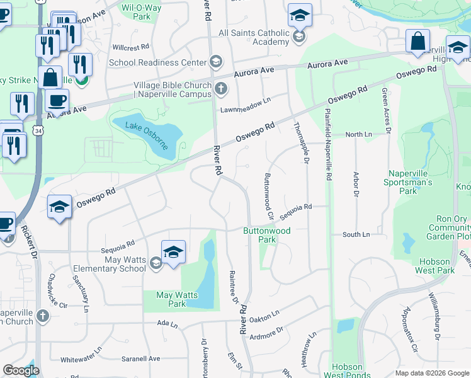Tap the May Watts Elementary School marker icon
[156, 265]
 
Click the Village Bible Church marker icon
[220, 89]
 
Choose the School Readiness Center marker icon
[216, 62]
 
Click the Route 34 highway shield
[39, 131]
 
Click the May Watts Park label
[177, 299]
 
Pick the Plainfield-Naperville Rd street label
[328, 146]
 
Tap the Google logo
[21, 370]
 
